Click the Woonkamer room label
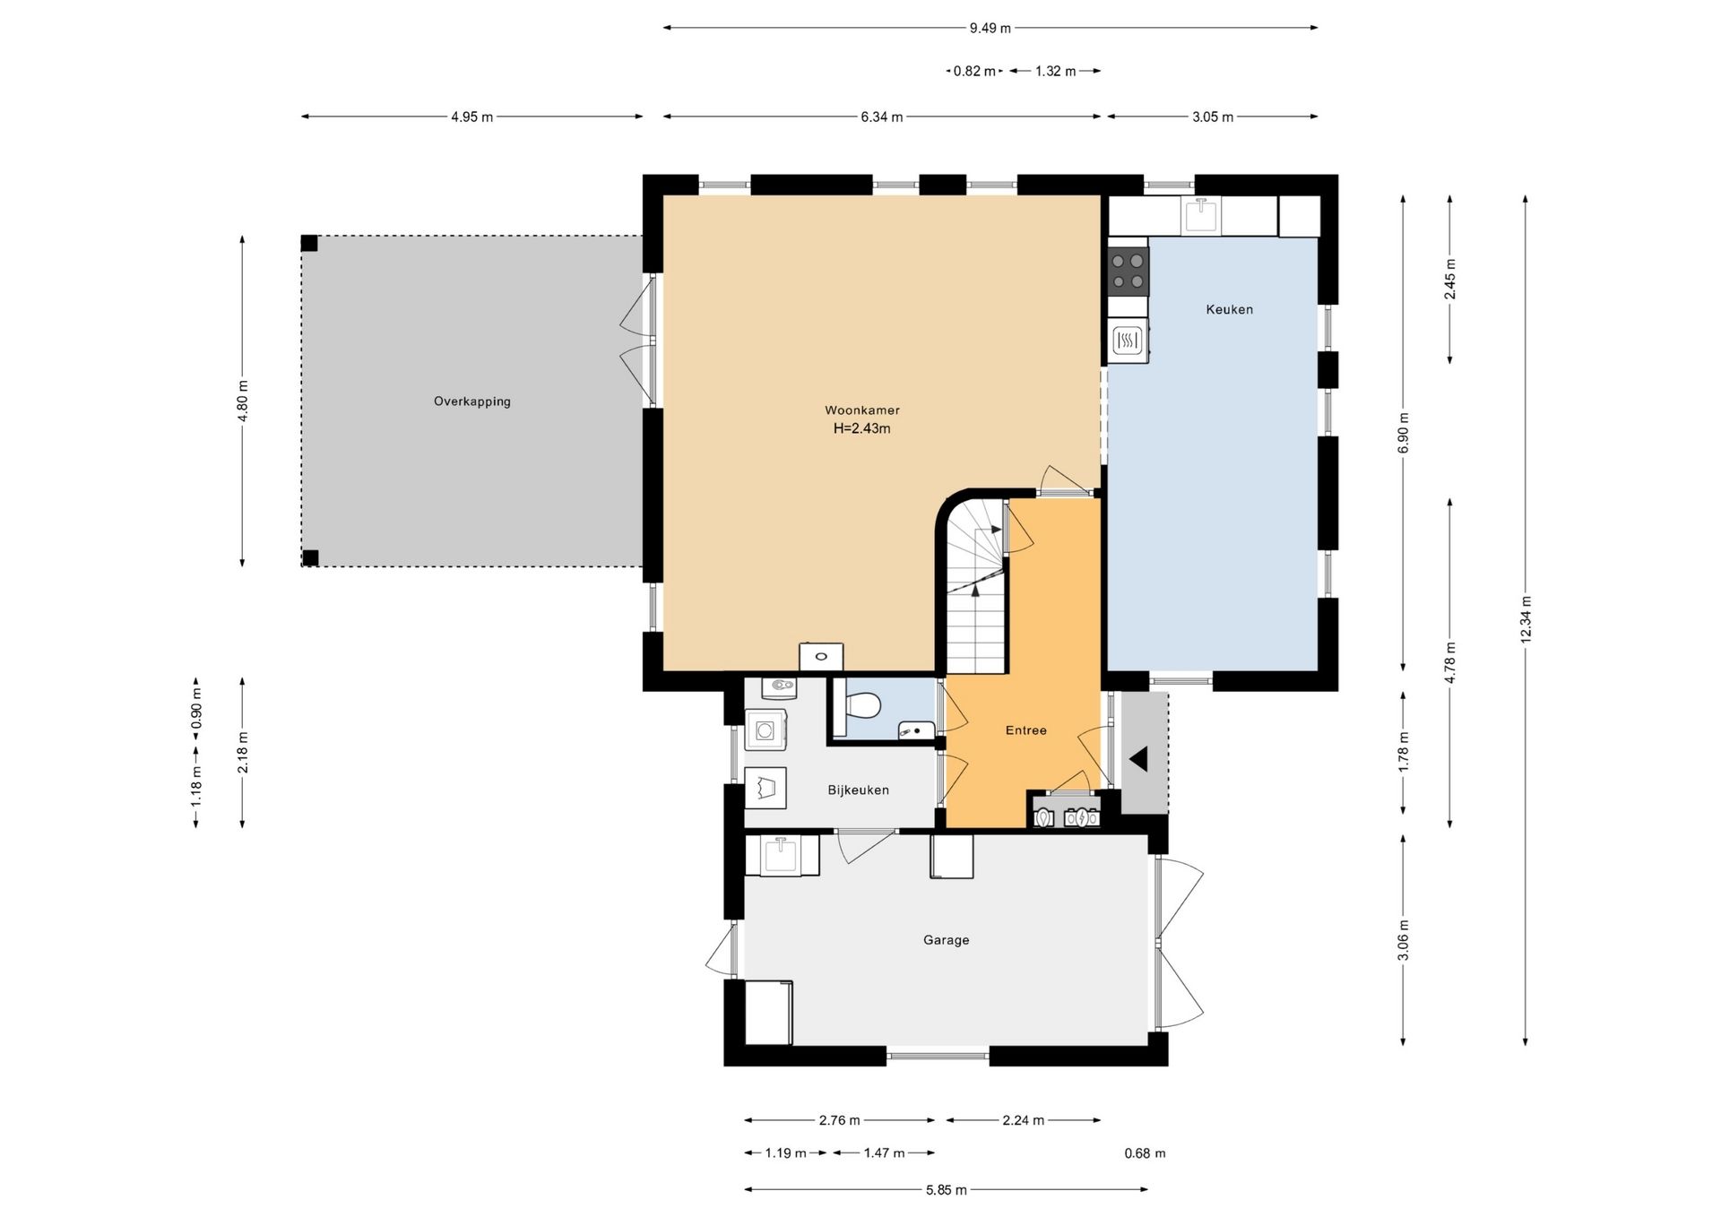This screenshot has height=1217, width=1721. (x=862, y=410)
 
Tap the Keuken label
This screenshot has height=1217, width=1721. (x=1230, y=309)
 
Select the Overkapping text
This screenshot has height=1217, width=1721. (x=472, y=401)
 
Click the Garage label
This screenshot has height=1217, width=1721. (x=947, y=940)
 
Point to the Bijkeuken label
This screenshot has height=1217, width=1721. (x=859, y=790)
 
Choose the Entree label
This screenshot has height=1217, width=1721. (x=1026, y=730)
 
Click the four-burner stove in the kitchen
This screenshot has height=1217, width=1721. (x=1129, y=271)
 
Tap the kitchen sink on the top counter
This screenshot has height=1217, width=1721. (x=1201, y=215)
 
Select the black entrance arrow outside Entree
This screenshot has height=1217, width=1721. (x=1139, y=760)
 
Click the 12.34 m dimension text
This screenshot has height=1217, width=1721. (x=1526, y=619)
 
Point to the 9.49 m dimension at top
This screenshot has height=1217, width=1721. (x=990, y=28)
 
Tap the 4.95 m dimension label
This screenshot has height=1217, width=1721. (x=472, y=117)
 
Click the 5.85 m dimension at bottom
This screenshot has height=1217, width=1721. (x=947, y=1190)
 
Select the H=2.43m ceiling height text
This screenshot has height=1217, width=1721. (x=862, y=428)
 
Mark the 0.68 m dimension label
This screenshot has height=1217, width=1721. (x=1146, y=1153)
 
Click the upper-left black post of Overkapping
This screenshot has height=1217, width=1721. (x=309, y=243)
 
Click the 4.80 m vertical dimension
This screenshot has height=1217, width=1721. (x=243, y=401)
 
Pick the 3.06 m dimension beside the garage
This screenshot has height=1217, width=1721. (x=1404, y=940)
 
